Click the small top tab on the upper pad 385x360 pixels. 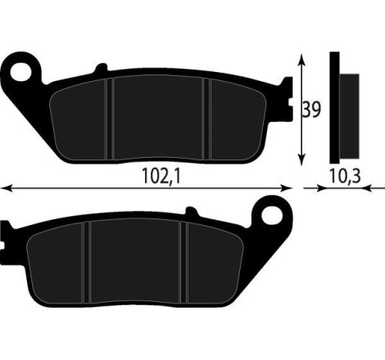point(101,70)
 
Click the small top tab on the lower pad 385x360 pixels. point(194,215)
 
